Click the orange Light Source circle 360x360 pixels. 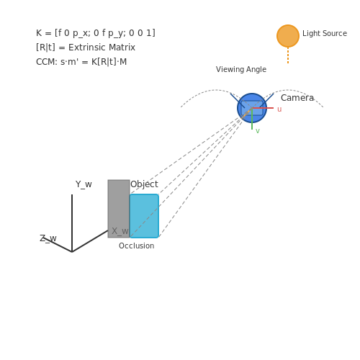tap(288, 36)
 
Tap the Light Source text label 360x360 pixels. tap(325, 33)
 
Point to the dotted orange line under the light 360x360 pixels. tap(288, 55)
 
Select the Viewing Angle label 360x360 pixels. tap(241, 69)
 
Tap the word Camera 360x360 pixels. tap(297, 98)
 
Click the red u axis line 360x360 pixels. tap(263, 108)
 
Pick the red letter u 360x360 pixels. tap(279, 109)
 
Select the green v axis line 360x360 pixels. tap(252, 119)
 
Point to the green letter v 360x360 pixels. tap(258, 131)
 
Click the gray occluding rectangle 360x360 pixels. tap(119, 209)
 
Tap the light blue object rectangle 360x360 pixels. tap(144, 216)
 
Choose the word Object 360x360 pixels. tap(144, 184)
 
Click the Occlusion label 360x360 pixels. tap(136, 246)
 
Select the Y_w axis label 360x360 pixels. tap(84, 184)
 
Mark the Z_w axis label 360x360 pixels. tap(48, 238)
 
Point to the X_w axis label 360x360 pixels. tap(120, 231)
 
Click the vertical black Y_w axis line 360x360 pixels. tap(72, 223)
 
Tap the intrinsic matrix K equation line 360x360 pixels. tap(96, 33)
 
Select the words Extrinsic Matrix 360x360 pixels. tap(102, 48)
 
